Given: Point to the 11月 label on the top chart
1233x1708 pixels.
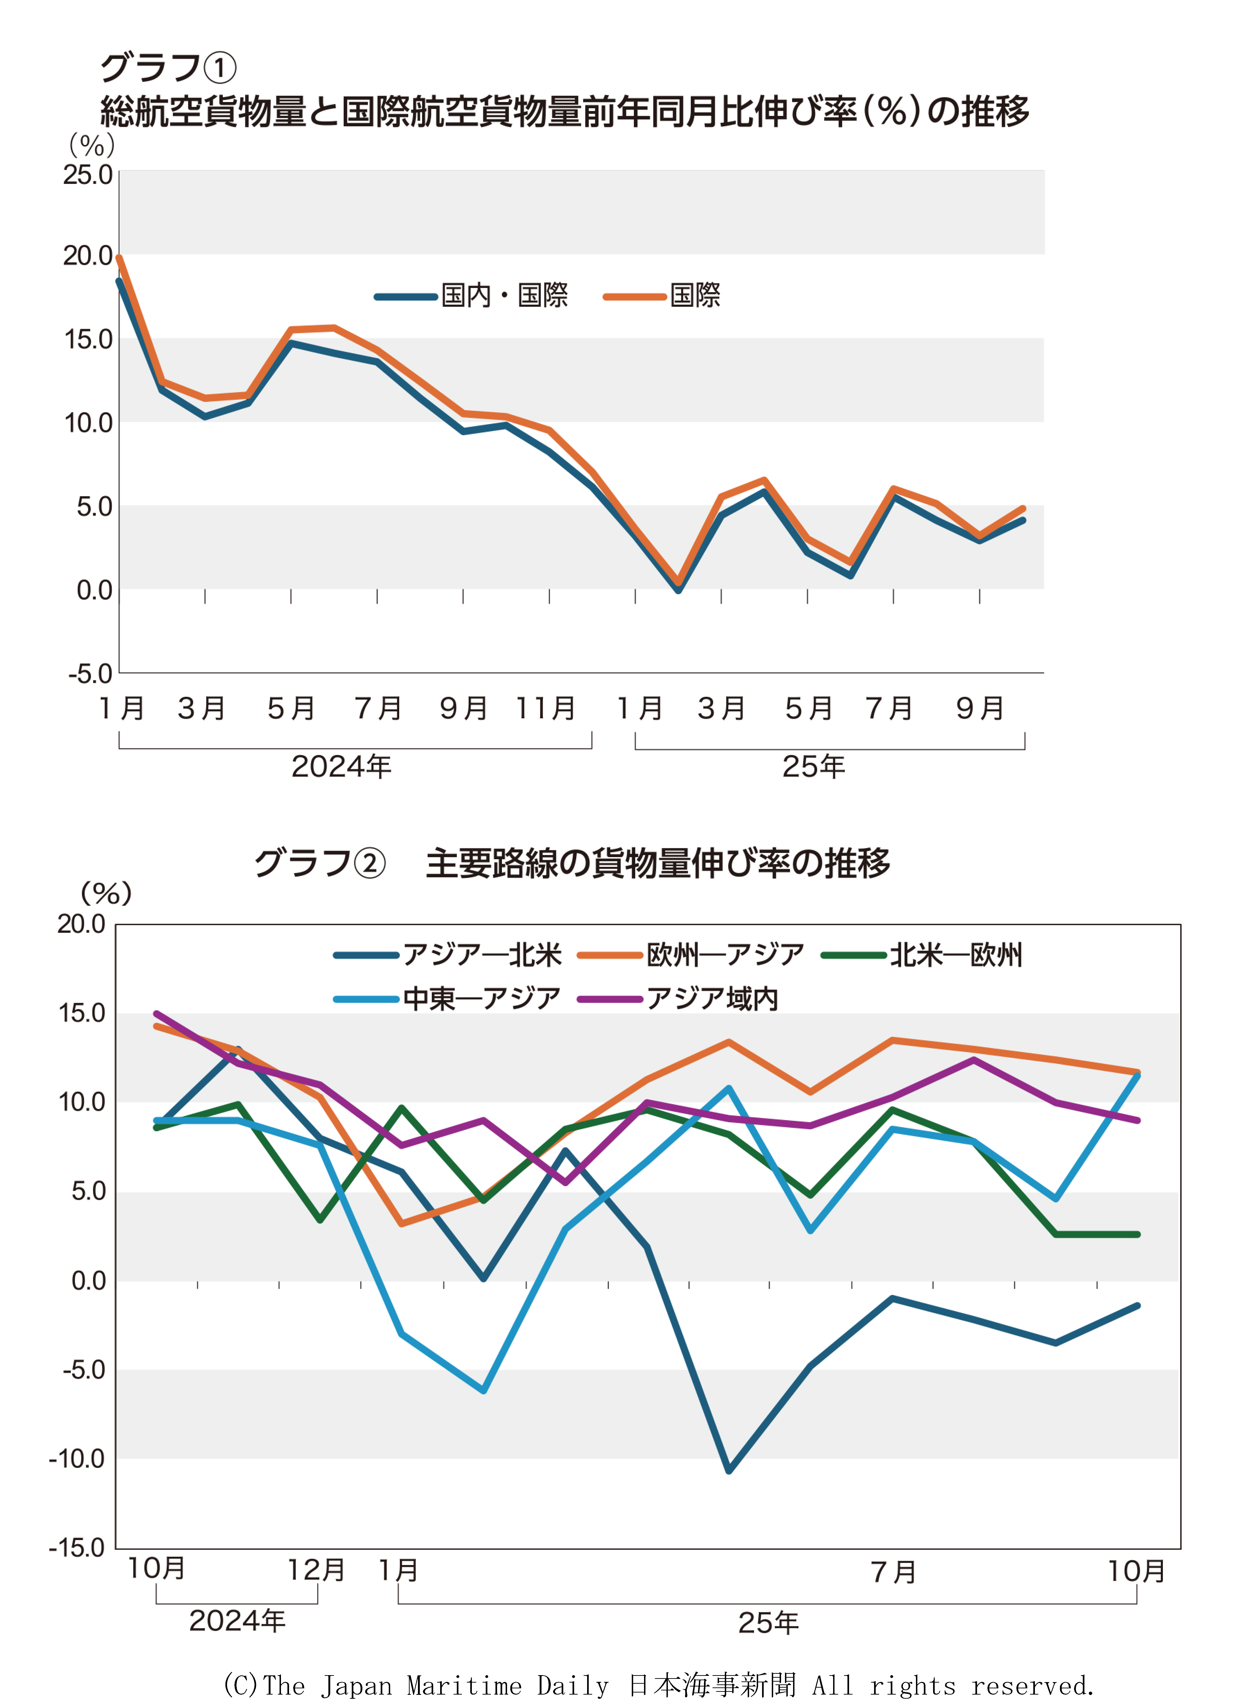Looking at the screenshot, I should coord(545,708).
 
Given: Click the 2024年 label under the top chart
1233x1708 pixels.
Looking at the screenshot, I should coord(341,767).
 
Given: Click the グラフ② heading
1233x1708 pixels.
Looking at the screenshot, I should coord(320,863).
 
